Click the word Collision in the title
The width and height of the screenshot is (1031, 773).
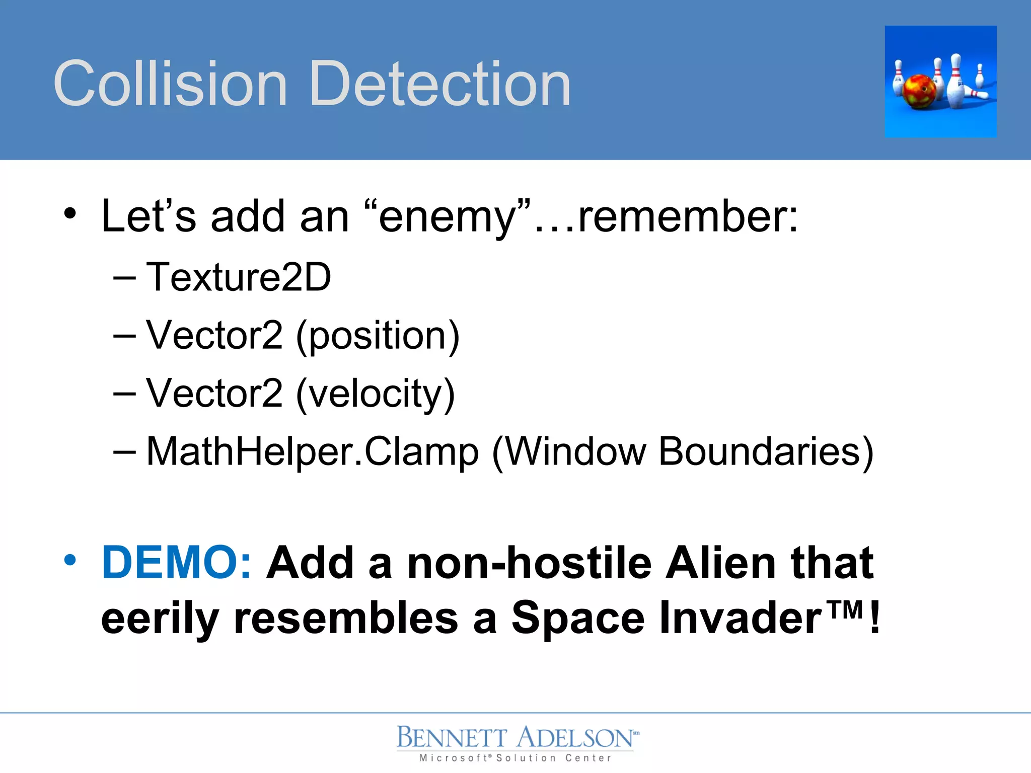pyautogui.click(x=170, y=84)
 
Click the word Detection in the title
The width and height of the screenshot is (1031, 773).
pyautogui.click(x=440, y=84)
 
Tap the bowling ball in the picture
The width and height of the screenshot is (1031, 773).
pyautogui.click(x=919, y=92)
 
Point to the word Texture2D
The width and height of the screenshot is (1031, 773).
pyautogui.click(x=238, y=277)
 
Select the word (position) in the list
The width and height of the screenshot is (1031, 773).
pyautogui.click(x=378, y=336)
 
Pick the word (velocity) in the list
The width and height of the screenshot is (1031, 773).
pyautogui.click(x=376, y=394)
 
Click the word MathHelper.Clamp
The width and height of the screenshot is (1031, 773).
pyautogui.click(x=312, y=452)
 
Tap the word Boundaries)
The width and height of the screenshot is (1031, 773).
pyautogui.click(x=766, y=452)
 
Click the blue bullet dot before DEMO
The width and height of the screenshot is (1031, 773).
pyautogui.click(x=70, y=560)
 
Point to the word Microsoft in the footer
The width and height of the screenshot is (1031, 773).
pyautogui.click(x=453, y=758)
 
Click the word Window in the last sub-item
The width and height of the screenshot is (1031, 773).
pyautogui.click(x=575, y=452)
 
